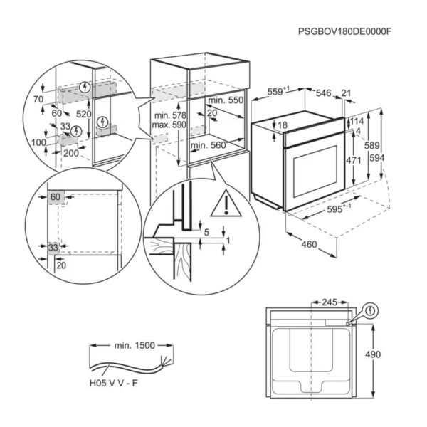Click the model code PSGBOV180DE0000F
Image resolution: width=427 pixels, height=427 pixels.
click(x=344, y=31)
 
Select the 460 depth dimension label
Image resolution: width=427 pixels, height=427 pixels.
click(x=309, y=244)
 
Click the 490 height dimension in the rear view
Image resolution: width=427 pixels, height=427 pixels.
click(x=373, y=354)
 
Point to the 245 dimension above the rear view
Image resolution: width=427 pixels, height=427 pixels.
click(x=330, y=302)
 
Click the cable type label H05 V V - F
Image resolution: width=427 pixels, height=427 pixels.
click(x=114, y=384)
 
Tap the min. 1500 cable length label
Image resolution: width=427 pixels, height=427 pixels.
click(x=135, y=345)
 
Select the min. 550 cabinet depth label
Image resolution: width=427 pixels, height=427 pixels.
click(x=226, y=100)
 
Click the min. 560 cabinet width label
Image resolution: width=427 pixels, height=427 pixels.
click(x=208, y=145)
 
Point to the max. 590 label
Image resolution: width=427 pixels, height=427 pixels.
click(x=169, y=125)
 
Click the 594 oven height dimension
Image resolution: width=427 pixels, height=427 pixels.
click(x=377, y=158)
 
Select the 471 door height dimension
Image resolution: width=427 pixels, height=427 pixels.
click(x=353, y=160)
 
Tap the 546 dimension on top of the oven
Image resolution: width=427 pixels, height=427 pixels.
click(x=323, y=93)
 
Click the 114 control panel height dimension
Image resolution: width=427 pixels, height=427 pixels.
click(x=357, y=121)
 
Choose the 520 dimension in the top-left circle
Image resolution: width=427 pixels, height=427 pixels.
click(x=83, y=114)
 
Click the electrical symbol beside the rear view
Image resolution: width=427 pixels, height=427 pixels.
click(x=370, y=311)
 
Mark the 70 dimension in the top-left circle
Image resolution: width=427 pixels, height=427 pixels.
click(x=38, y=100)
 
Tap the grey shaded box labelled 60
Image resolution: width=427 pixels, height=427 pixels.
click(x=56, y=197)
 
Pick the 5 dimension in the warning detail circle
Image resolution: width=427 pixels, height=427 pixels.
click(x=206, y=232)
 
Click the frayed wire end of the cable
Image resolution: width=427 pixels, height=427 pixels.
click(x=166, y=362)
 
